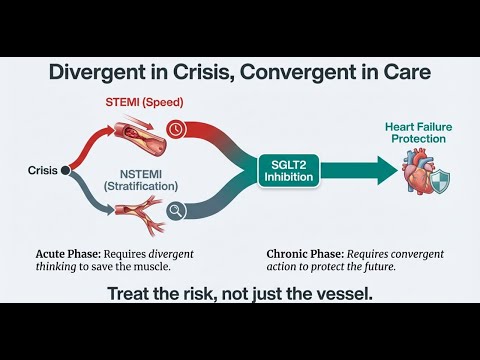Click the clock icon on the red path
coord(175,129)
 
